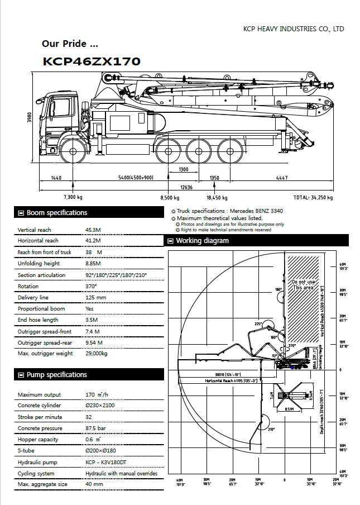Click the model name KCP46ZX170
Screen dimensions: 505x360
(x=92, y=61)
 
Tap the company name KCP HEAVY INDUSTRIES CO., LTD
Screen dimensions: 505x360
(x=294, y=28)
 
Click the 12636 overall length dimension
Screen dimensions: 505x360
(x=186, y=188)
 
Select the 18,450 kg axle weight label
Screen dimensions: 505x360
(x=217, y=198)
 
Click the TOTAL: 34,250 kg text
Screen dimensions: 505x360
(x=313, y=198)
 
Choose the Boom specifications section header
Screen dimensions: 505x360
(x=57, y=213)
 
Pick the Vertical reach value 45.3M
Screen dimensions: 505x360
(x=93, y=230)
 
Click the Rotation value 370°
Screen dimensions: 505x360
(x=91, y=287)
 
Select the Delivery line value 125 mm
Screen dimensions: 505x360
(x=95, y=298)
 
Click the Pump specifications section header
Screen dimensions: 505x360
(x=57, y=375)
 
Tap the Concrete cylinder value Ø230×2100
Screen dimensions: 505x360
(x=101, y=406)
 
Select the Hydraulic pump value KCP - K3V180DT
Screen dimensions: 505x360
(x=106, y=462)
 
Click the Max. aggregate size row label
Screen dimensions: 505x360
(x=42, y=484)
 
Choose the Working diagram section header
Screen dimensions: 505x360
(x=202, y=241)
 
